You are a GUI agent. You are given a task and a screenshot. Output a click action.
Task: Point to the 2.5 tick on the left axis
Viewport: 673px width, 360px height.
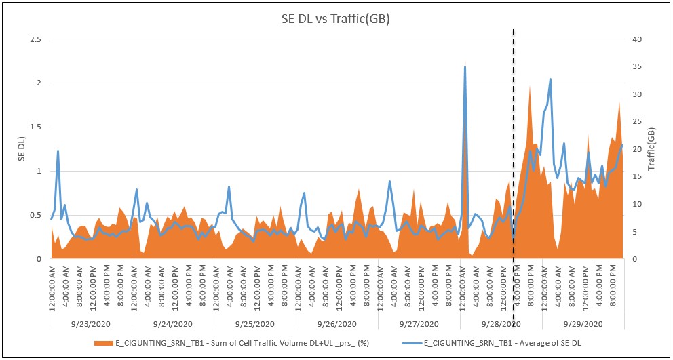pyautogui.click(x=35, y=39)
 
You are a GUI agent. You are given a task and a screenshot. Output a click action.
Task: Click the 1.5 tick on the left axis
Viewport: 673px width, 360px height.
pyautogui.click(x=35, y=127)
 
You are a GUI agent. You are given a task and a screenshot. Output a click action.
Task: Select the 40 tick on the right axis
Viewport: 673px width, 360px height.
pyautogui.click(x=637, y=39)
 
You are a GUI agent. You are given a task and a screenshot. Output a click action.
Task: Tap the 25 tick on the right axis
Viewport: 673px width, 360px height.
pyautogui.click(x=637, y=122)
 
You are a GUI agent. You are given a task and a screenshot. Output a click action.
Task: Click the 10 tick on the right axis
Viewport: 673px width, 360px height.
pyautogui.click(x=637, y=204)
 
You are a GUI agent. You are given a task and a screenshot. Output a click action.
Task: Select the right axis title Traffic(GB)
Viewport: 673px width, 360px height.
pyautogui.click(x=652, y=149)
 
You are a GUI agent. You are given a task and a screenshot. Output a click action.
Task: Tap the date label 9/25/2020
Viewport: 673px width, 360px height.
pyautogui.click(x=254, y=324)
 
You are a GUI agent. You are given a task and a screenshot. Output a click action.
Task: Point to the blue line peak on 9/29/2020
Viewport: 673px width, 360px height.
pyautogui.click(x=550, y=79)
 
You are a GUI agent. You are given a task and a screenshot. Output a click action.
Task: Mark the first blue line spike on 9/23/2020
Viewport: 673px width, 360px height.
pyautogui.click(x=58, y=151)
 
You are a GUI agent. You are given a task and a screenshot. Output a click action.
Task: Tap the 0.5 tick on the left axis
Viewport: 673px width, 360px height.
pyautogui.click(x=35, y=215)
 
